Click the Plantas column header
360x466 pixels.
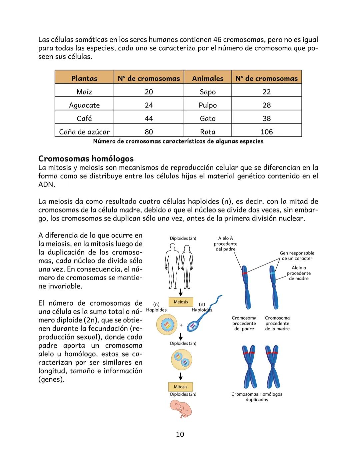[x=84, y=78]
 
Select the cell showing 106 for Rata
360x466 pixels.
[x=267, y=132]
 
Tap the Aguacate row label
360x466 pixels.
[x=84, y=105]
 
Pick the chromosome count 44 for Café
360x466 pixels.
[x=149, y=118]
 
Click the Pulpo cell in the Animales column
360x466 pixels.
[x=208, y=105]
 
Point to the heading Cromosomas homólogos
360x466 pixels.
[x=86, y=158]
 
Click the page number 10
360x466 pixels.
[x=180, y=434]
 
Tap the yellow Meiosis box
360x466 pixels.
[x=181, y=302]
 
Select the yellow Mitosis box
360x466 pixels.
[x=180, y=387]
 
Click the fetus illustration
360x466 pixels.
[x=181, y=409]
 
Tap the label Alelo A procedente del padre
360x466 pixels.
[x=225, y=244]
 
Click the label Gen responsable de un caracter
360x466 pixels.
[x=297, y=256]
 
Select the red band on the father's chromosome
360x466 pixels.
[x=245, y=273]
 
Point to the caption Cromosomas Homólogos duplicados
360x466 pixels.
[x=257, y=397]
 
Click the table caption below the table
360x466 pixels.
[x=178, y=141]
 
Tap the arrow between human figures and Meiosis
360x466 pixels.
[x=180, y=293]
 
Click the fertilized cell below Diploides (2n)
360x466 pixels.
[x=181, y=360]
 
